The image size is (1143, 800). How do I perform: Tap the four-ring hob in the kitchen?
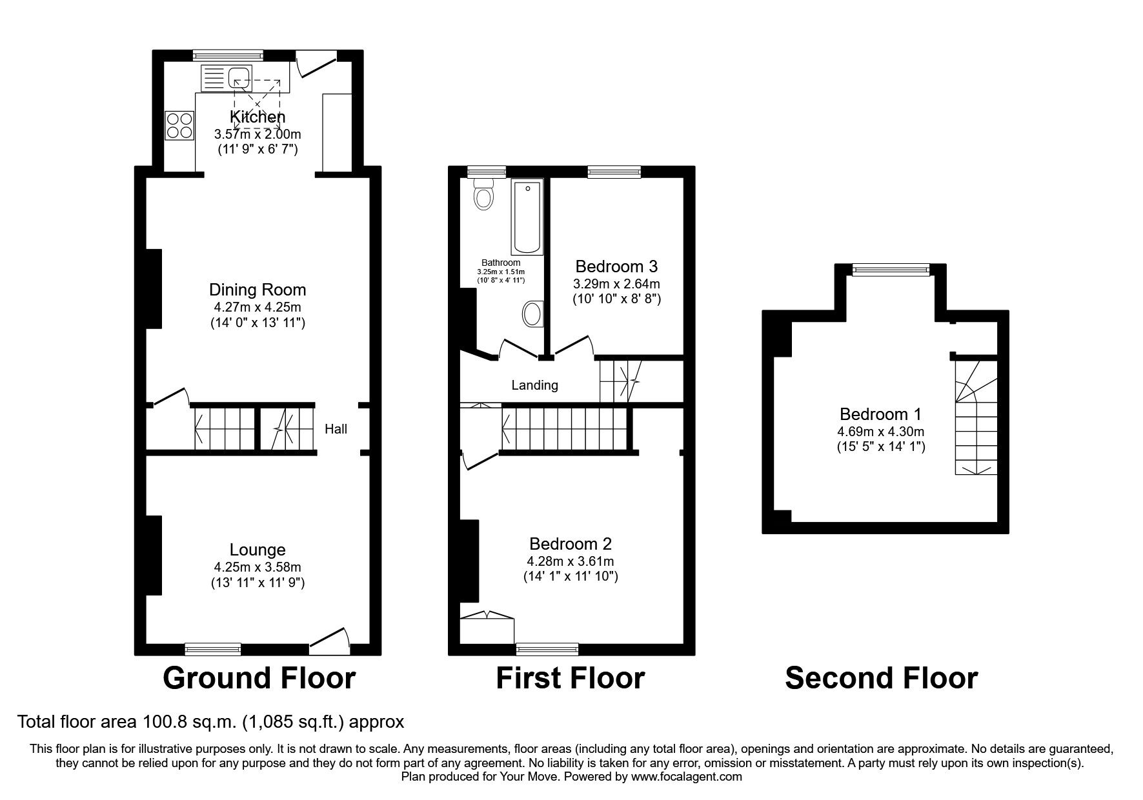179,125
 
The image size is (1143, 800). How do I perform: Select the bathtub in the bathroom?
528,217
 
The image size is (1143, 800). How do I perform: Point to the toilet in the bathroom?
482,194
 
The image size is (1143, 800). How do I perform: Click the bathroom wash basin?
532,314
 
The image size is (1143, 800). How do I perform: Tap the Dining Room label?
258,290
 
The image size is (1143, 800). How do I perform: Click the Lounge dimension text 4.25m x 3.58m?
258,568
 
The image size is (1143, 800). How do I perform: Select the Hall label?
336,429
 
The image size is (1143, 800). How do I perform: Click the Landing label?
534,385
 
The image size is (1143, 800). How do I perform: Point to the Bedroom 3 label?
616,266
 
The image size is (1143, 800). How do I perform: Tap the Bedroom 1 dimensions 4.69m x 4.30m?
880,432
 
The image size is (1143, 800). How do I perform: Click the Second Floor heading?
881,678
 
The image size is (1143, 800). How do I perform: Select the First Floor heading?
570,678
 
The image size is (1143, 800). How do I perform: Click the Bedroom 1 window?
891,270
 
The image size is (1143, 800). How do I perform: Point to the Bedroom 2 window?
547,648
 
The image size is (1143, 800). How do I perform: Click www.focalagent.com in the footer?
687,777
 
